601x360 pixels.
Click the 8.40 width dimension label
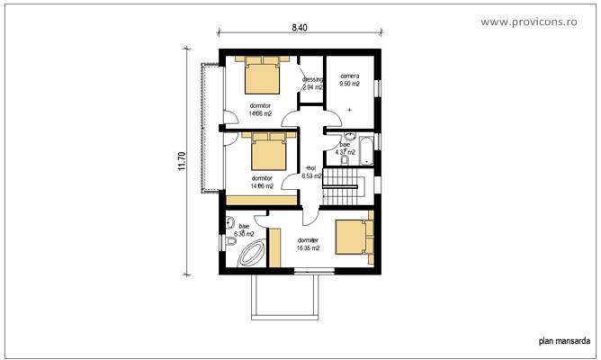pyautogui.click(x=300, y=28)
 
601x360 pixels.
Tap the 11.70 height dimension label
pyautogui.click(x=182, y=160)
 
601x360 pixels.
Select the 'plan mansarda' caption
pyautogui.click(x=564, y=340)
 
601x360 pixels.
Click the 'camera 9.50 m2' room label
pyautogui.click(x=349, y=79)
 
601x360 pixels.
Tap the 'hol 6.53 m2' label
pyautogui.click(x=312, y=172)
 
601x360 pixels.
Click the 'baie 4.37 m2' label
pyautogui.click(x=345, y=148)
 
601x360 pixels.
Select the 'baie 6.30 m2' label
pyautogui.click(x=245, y=229)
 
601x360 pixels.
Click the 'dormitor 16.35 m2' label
pyautogui.click(x=309, y=244)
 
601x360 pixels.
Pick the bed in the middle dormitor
pyautogui.click(x=268, y=154)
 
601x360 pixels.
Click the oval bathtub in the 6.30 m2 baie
pyautogui.click(x=247, y=255)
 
